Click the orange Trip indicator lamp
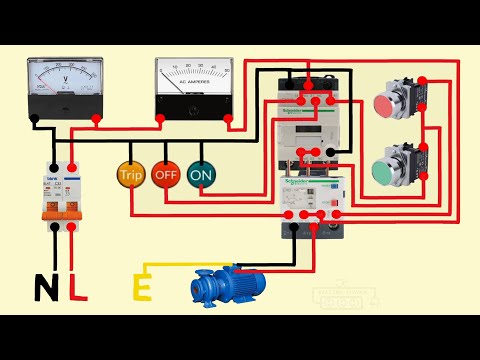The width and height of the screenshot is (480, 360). [x=131, y=174]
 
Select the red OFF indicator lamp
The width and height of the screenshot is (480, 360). [x=166, y=174]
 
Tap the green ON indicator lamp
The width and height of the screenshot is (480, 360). [x=201, y=174]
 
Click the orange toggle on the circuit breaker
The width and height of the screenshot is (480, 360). [x=58, y=213]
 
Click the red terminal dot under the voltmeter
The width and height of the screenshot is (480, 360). [x=96, y=119]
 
